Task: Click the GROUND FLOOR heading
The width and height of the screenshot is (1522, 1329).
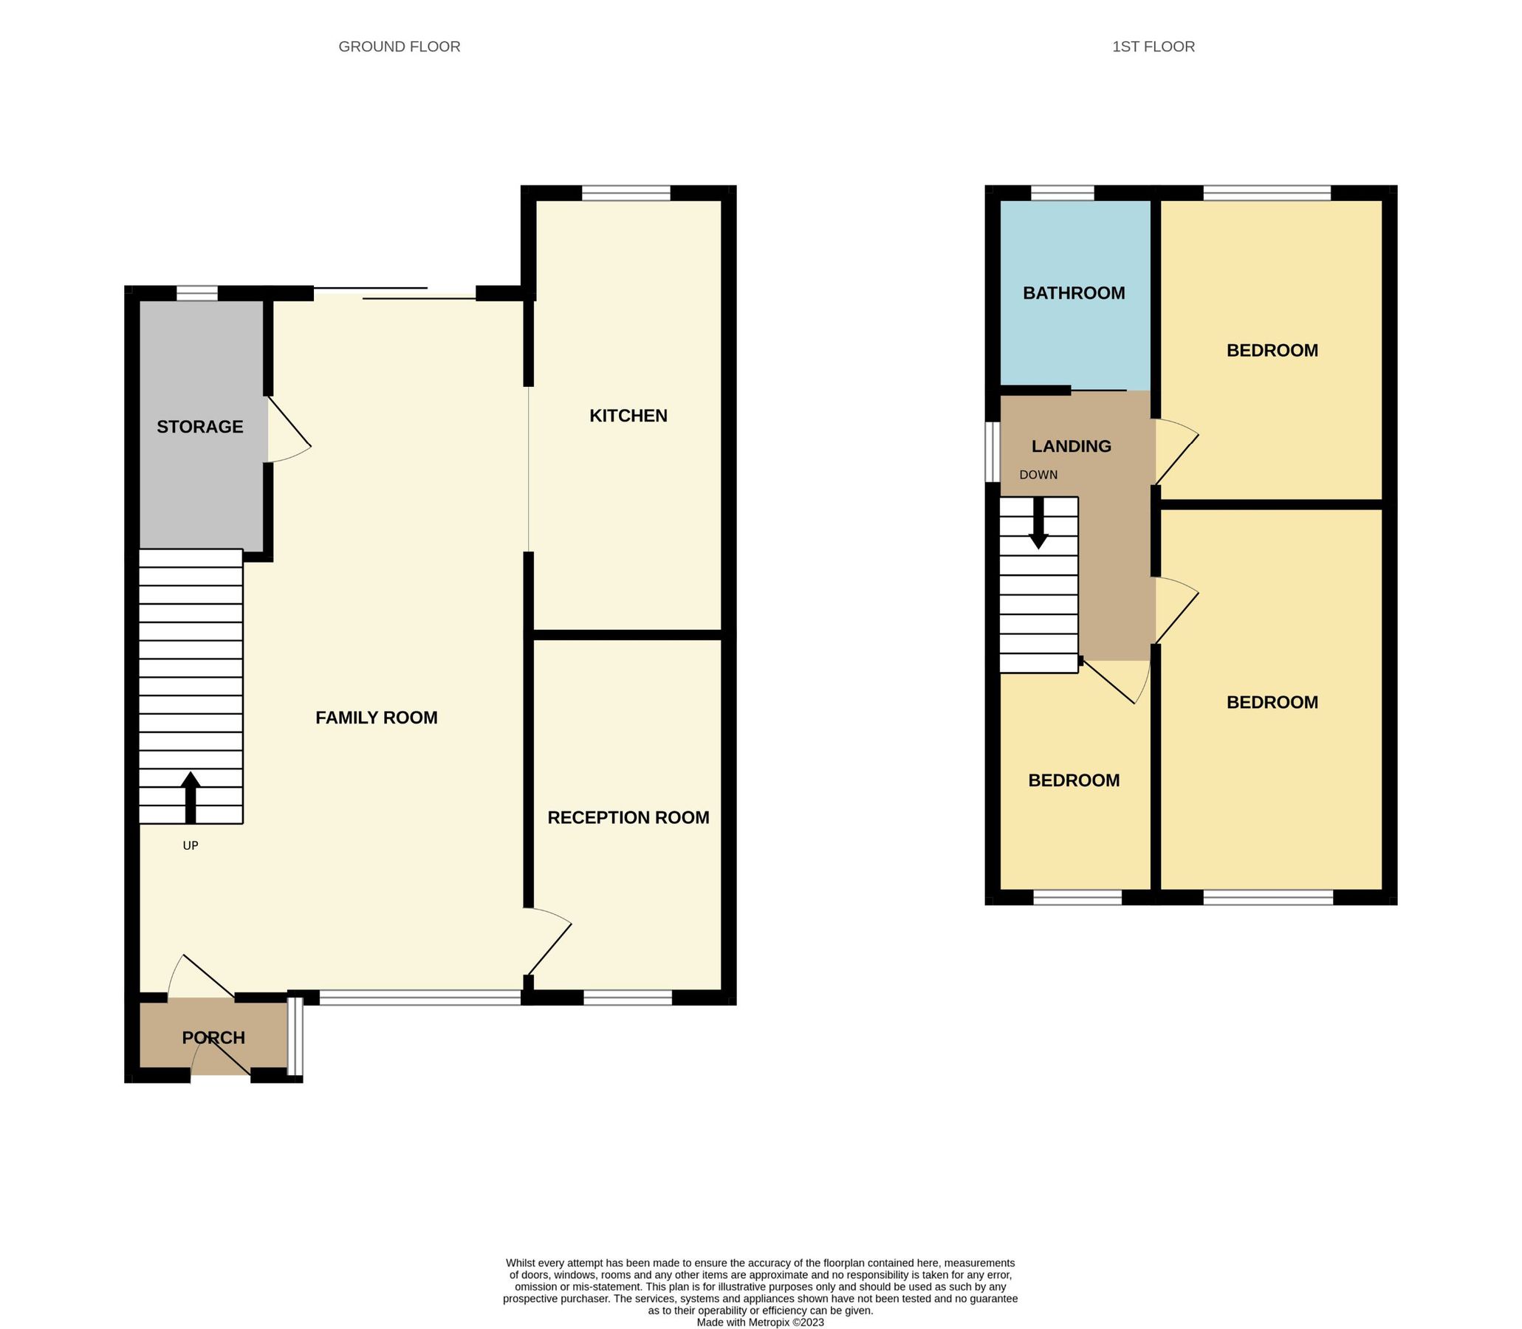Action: (399, 47)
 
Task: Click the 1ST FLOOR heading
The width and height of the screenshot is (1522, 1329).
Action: (1153, 47)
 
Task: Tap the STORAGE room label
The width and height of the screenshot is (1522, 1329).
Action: (199, 427)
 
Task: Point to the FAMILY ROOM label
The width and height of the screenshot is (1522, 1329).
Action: (376, 717)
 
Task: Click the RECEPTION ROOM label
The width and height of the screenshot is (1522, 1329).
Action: (628, 817)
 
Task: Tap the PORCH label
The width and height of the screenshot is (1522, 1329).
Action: (213, 1037)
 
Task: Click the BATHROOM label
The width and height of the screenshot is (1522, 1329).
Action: (1073, 293)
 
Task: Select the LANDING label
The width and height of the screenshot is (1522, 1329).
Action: (1071, 446)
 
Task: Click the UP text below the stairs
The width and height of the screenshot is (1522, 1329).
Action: (190, 845)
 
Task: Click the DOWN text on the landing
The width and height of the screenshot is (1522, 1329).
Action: (1038, 475)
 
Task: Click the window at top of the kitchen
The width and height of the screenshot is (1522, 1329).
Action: (626, 193)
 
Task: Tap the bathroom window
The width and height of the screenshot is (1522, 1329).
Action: (1061, 193)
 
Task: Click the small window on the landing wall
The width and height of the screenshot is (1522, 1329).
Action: (993, 452)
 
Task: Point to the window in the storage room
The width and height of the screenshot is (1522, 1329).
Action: (196, 294)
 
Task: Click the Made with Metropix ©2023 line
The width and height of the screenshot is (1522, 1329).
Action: (759, 1322)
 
